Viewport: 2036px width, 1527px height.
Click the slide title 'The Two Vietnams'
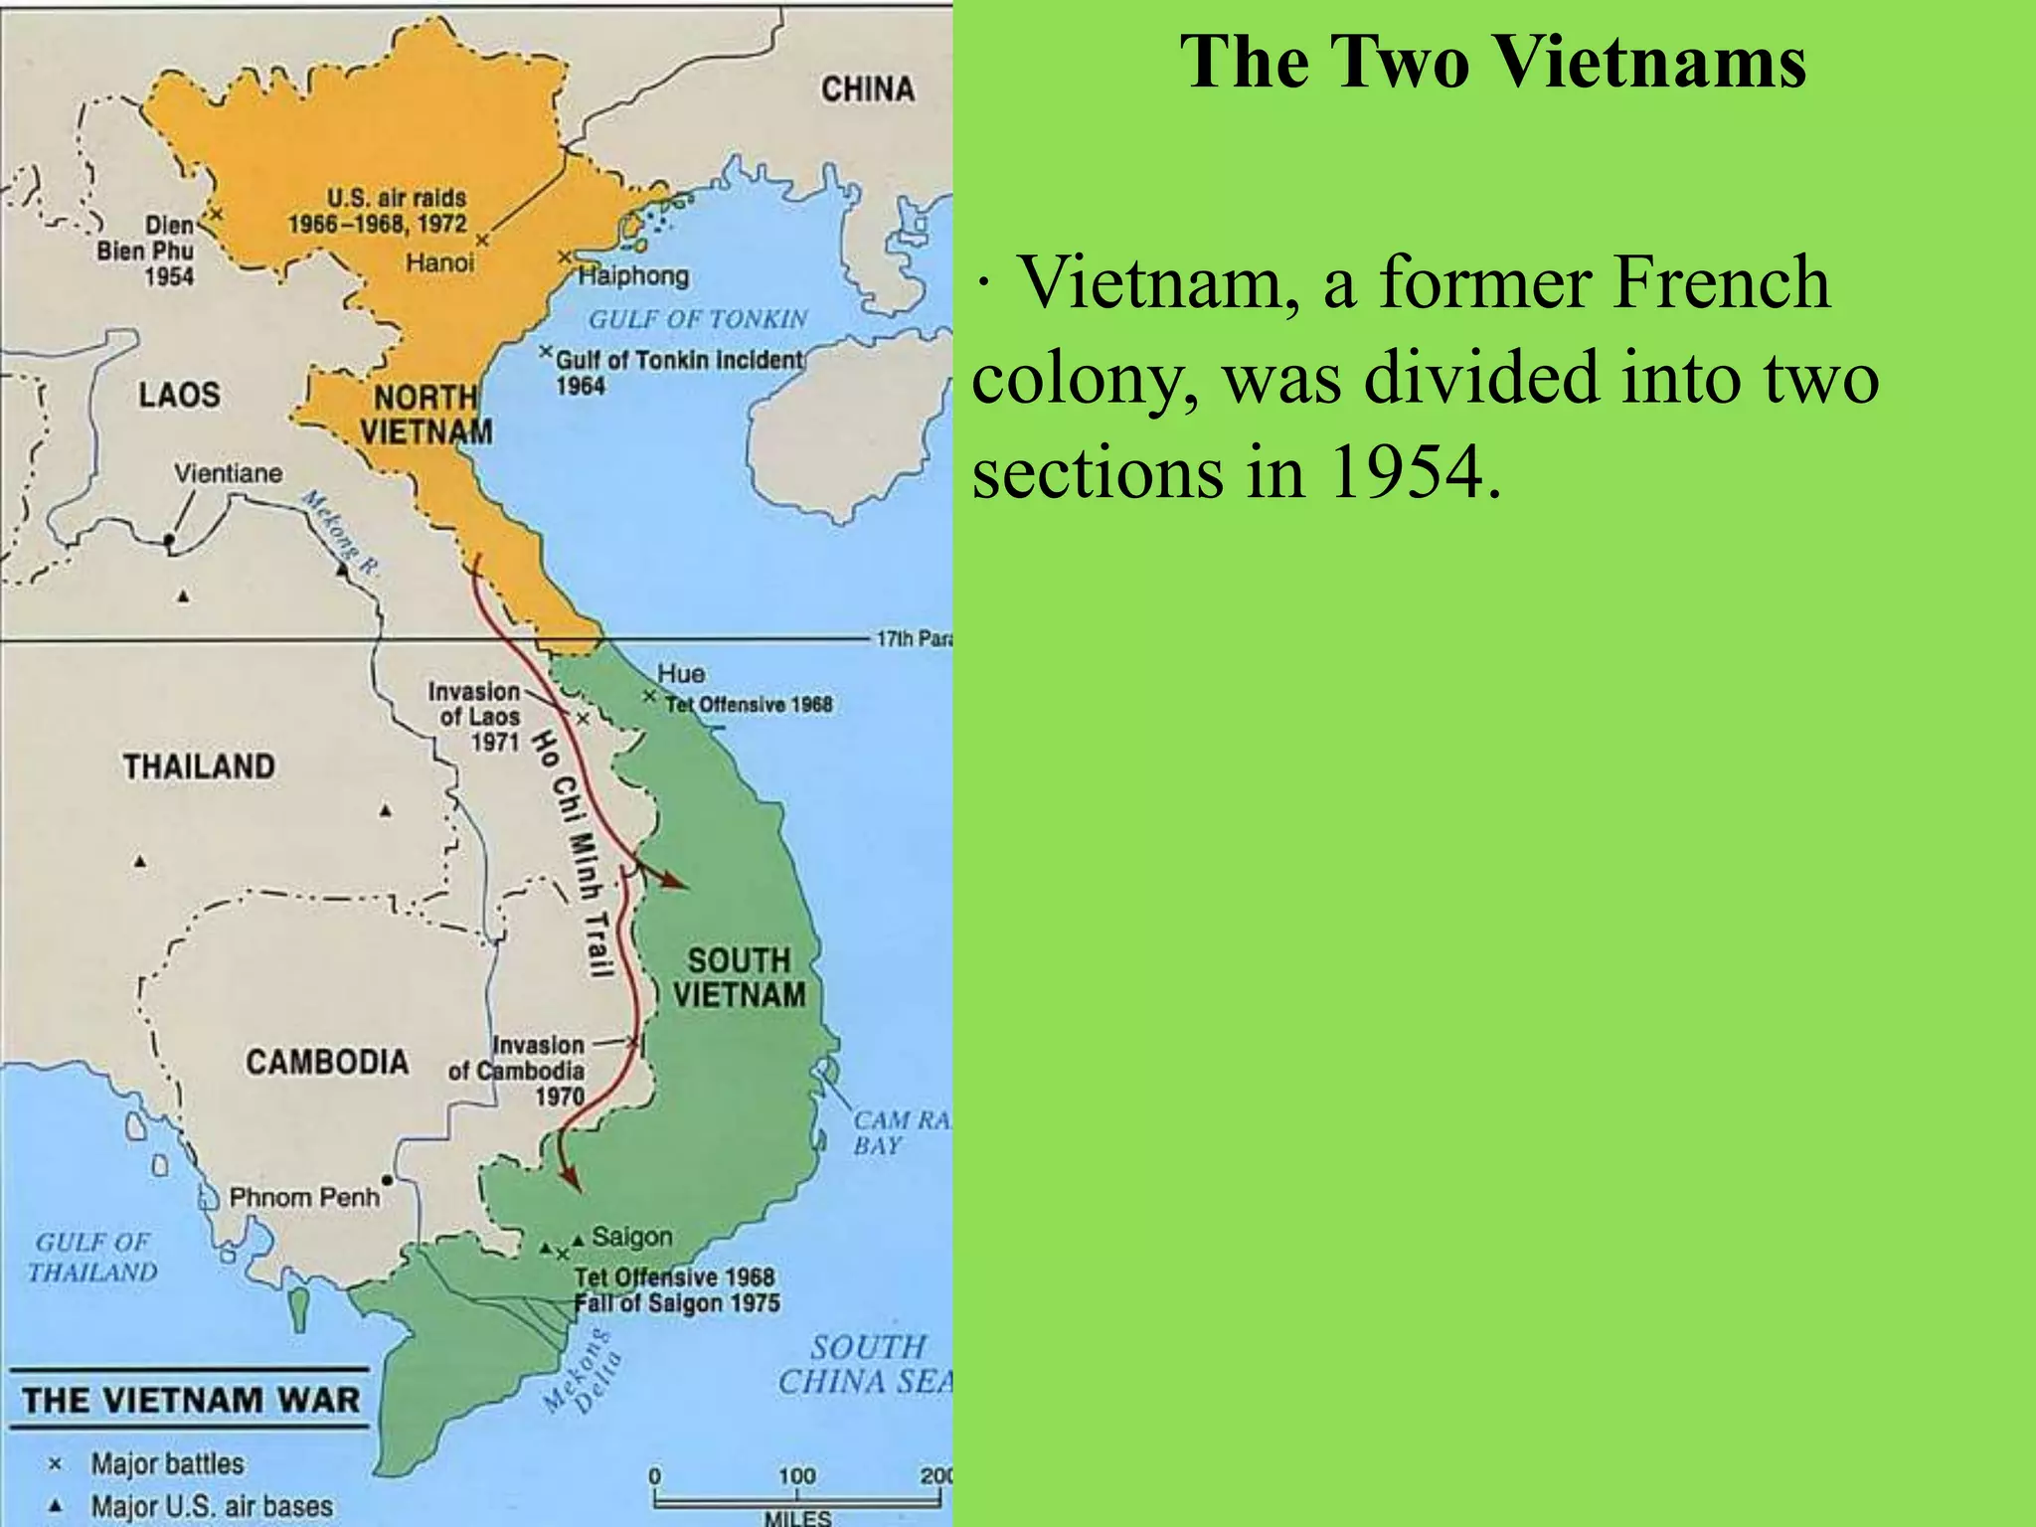click(1492, 62)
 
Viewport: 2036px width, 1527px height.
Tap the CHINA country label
click(867, 89)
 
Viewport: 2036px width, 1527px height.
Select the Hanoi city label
click(439, 262)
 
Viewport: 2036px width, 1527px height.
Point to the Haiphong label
click(633, 275)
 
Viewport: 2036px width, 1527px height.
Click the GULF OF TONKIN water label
click(698, 319)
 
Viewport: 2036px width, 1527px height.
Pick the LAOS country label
click(179, 395)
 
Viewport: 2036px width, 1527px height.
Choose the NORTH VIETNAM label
click(425, 415)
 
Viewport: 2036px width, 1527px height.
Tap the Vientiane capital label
click(228, 473)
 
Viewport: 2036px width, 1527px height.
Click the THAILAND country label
click(199, 766)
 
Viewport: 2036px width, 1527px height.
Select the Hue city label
click(680, 674)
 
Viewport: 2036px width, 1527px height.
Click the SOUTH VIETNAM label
click(739, 977)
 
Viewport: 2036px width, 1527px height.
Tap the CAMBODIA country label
click(327, 1062)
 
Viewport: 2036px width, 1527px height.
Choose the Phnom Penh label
click(304, 1197)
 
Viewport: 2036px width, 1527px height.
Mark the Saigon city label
click(632, 1237)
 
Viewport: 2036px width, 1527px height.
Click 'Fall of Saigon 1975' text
click(677, 1303)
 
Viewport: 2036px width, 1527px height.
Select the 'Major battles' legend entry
click(167, 1463)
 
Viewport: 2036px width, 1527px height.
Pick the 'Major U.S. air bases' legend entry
click(212, 1506)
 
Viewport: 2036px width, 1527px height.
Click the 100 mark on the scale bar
click(796, 1476)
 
